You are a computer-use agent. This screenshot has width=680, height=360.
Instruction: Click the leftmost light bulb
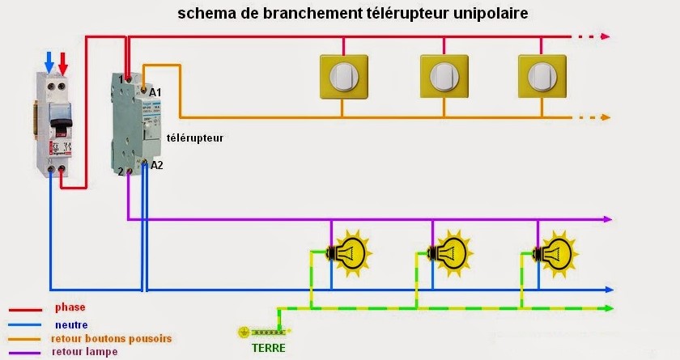point(350,250)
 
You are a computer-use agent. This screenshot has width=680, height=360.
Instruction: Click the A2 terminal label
point(157,165)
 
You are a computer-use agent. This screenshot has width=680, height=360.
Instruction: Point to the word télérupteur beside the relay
point(194,138)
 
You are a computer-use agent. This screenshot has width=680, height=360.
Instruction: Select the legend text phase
point(70,307)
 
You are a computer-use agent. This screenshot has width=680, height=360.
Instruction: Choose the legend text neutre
point(70,324)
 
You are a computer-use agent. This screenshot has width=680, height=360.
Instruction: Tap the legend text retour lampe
point(84,352)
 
